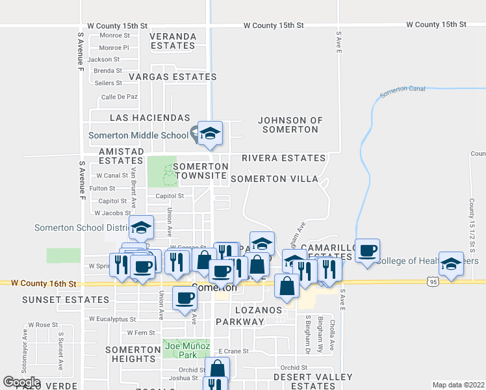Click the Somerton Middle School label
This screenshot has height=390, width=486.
tap(138, 136)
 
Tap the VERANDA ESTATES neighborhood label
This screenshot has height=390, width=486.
tap(173, 41)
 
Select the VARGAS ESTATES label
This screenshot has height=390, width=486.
tap(172, 77)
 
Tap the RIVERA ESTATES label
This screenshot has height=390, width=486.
tap(283, 158)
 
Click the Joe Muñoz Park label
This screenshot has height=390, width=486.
tap(186, 350)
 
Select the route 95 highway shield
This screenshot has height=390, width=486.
tap(433, 281)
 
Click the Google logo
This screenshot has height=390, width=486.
tap(21, 382)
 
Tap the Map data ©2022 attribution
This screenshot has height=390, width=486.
tap(459, 385)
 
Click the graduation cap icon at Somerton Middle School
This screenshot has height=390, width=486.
tap(211, 134)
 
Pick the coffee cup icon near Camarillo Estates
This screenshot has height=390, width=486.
tap(367, 251)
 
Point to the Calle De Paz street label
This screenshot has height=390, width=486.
tap(119, 97)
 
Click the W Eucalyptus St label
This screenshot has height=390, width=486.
tap(109, 319)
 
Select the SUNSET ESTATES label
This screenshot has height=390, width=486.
tap(65, 300)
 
